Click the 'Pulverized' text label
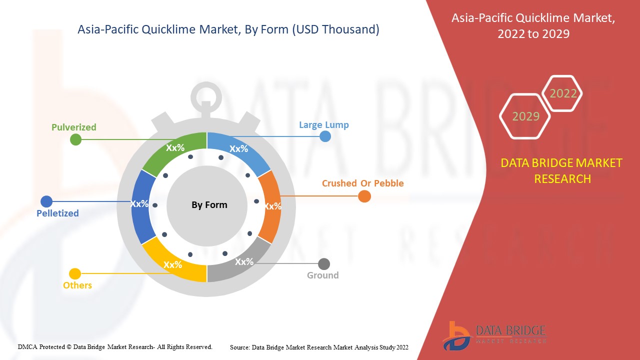coord(74,127)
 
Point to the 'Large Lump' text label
coord(323,125)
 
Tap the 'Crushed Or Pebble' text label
coord(362,183)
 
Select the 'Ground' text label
coord(322,275)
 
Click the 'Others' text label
coord(77,285)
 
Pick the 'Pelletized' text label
coord(57,213)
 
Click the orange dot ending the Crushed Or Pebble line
coord(364,196)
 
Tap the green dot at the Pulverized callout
coord(75,139)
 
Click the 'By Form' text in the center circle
coord(209,205)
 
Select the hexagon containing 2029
coord(525,116)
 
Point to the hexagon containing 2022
coord(563,93)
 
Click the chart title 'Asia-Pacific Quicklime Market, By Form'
coord(228,30)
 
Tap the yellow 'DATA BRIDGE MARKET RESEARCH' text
coord(562,170)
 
